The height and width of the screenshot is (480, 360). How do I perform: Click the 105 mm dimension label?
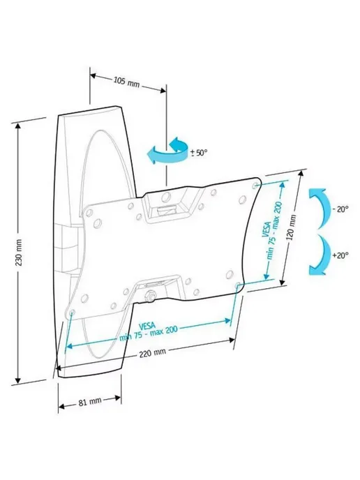tap(126, 82)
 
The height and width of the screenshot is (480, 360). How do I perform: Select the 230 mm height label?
tap(19, 253)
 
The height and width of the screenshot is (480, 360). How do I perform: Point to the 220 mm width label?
tap(153, 353)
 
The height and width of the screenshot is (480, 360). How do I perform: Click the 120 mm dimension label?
tap(292, 227)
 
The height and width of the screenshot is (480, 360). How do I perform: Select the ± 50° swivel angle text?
tap(199, 153)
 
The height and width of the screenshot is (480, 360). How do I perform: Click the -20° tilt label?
tap(340, 210)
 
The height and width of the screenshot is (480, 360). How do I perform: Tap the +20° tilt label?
tap(340, 255)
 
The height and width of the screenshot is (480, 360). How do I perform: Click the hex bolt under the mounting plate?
tap(151, 296)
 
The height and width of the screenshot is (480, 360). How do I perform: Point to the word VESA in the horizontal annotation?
tap(147, 325)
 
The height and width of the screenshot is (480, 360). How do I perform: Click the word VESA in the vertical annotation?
tap(266, 230)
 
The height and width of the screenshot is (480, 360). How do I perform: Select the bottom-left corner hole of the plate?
tap(73, 313)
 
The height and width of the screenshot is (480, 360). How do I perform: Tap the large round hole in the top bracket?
tap(167, 197)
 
